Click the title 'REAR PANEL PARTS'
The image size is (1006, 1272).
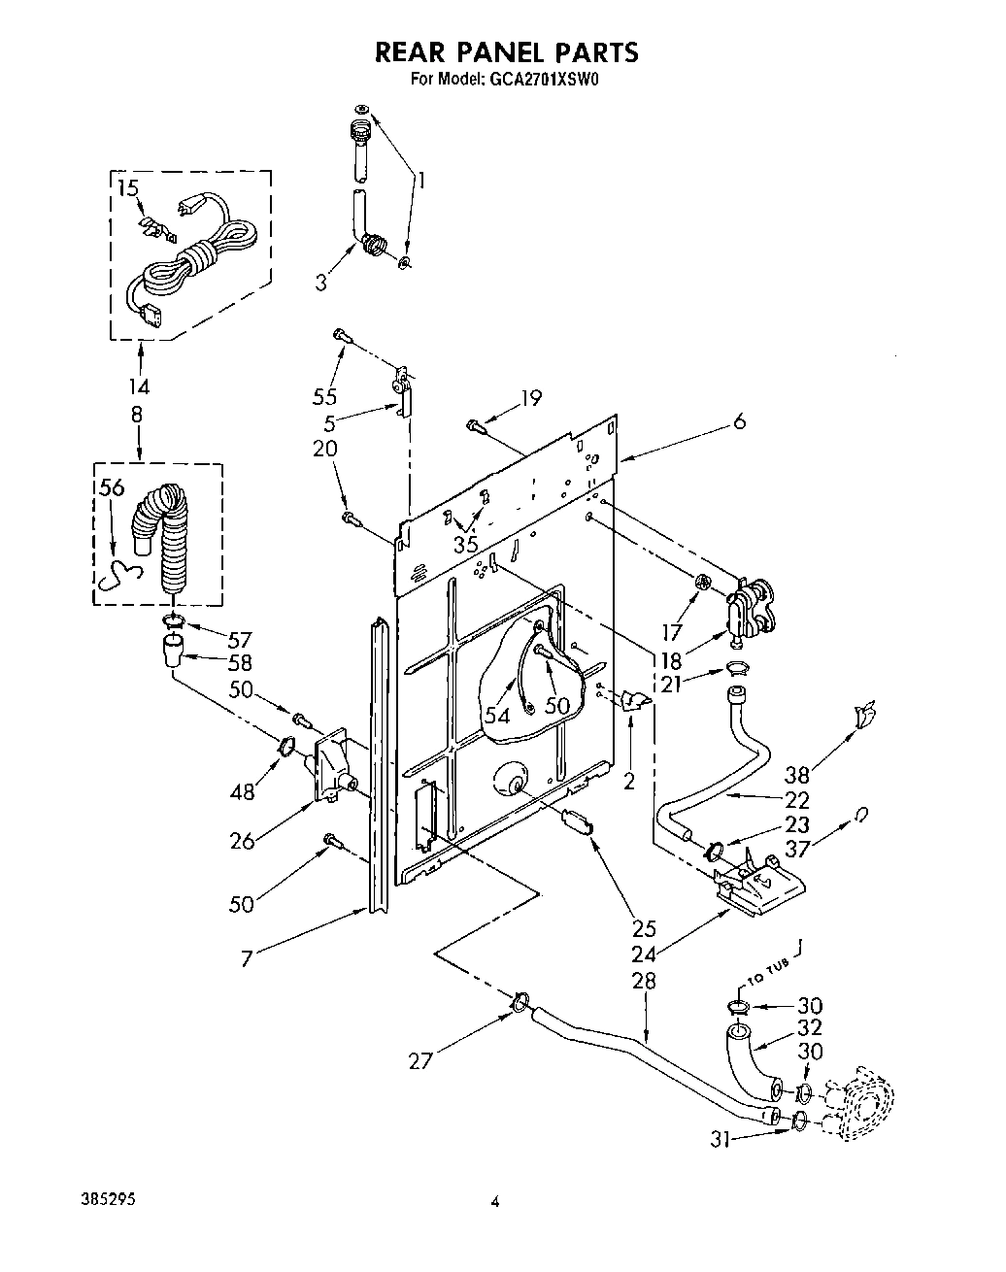click(506, 51)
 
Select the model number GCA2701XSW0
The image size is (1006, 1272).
click(541, 81)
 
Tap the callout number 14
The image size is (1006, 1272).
click(141, 385)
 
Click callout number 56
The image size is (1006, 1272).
click(112, 487)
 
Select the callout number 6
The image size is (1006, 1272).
click(740, 422)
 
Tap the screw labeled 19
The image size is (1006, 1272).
click(475, 424)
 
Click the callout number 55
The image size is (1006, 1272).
click(325, 396)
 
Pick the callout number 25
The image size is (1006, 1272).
click(644, 927)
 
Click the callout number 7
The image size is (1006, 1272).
click(249, 958)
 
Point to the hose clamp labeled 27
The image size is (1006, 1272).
click(520, 1000)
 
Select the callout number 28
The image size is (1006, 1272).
click(644, 981)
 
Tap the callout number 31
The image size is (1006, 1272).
click(720, 1141)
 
